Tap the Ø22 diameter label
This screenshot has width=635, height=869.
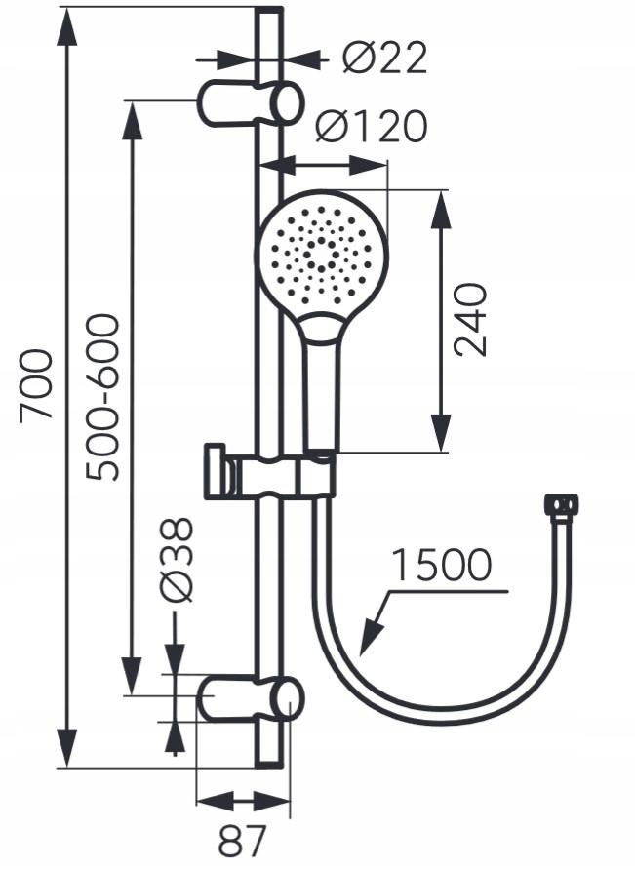pos(385,59)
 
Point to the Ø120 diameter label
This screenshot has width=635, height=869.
pos(372,127)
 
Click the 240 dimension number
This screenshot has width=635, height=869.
pos(471,319)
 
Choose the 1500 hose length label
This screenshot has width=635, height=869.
pos(440,566)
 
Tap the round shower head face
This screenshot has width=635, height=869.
pos(321,252)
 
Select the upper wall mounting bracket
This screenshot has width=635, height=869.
pos(250,103)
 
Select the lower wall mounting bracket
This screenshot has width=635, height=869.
pos(250,701)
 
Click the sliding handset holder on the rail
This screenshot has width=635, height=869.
pos(288,477)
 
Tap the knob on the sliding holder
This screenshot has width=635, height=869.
pos(217,472)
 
